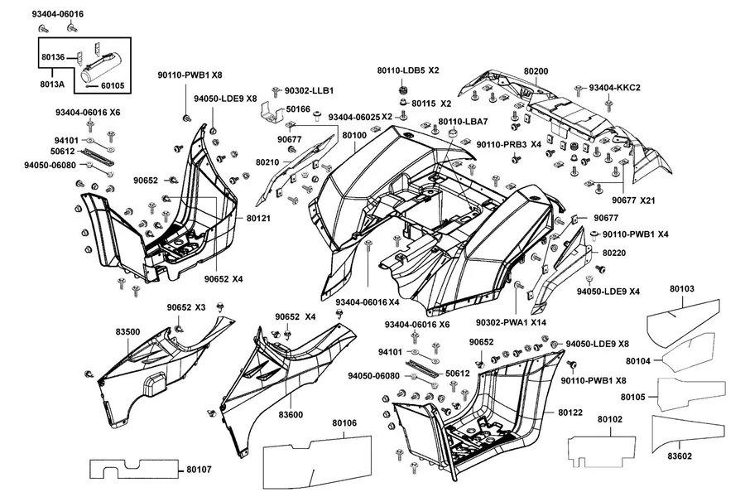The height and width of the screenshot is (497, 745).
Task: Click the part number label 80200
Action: click(x=536, y=71)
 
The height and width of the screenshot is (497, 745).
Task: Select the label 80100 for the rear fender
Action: click(x=354, y=135)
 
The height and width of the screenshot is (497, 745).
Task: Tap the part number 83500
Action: click(x=127, y=331)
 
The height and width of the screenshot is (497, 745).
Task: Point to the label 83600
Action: click(x=291, y=415)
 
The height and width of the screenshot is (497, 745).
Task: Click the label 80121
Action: click(x=259, y=219)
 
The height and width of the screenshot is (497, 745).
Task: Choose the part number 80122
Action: click(x=570, y=413)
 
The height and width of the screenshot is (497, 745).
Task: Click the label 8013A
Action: click(x=52, y=84)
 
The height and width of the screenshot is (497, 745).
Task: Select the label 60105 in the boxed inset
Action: click(x=113, y=85)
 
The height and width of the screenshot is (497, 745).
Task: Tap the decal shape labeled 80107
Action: click(x=134, y=469)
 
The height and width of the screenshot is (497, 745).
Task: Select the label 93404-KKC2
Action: click(x=615, y=88)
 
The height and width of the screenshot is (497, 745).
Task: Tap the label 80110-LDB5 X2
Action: click(x=408, y=70)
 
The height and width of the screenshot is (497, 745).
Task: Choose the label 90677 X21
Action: click(x=633, y=200)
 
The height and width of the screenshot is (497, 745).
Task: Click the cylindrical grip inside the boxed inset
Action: click(x=102, y=66)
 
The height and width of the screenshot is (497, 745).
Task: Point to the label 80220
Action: click(x=614, y=253)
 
